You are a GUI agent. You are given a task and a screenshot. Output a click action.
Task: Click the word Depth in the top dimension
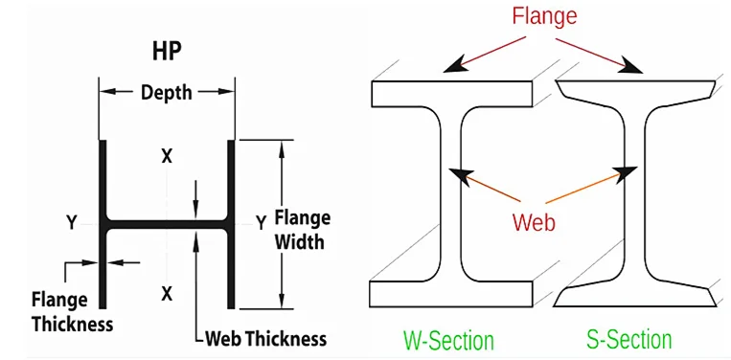coord(167,92)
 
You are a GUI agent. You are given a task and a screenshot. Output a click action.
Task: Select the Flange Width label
coord(302,229)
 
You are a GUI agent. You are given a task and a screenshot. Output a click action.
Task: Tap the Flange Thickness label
coord(72,310)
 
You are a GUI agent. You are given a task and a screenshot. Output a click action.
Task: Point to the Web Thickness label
coord(265,338)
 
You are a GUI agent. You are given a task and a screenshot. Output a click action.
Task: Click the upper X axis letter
coord(167,156)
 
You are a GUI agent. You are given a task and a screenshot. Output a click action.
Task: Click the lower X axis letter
coord(167,293)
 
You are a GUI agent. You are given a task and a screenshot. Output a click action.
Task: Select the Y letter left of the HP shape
coord(71,223)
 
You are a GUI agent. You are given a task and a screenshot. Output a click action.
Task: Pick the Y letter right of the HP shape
coord(261,223)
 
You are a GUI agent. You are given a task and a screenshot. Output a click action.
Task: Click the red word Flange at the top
coord(543,16)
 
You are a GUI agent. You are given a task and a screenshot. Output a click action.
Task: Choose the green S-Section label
coord(628,339)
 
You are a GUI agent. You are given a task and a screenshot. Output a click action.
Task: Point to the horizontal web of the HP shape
coord(167,224)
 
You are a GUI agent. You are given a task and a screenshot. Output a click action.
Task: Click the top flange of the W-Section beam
coord(451,94)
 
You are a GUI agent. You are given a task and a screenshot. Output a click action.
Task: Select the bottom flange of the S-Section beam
coord(636,294)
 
